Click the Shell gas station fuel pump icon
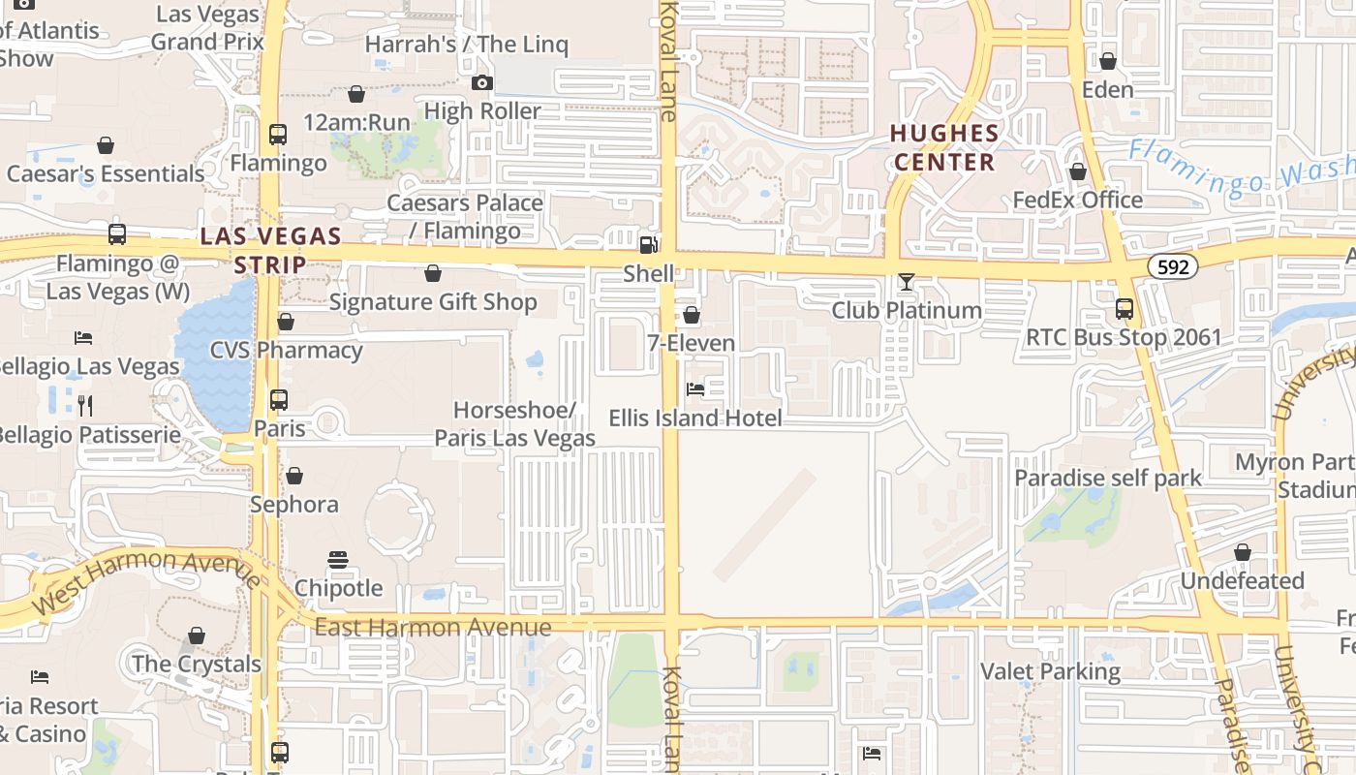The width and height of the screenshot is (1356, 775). [x=648, y=244]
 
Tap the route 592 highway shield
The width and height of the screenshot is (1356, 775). [x=1173, y=266]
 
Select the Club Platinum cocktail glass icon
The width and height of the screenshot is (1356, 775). [x=906, y=282]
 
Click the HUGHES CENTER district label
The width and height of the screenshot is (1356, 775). [x=944, y=147]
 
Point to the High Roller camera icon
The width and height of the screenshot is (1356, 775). [x=482, y=83]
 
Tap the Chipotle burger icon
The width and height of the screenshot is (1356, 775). [x=337, y=559]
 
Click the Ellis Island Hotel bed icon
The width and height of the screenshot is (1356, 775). [x=694, y=389]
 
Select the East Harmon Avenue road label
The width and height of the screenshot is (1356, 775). [x=433, y=627]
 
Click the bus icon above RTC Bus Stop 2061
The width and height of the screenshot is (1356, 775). [x=1124, y=309]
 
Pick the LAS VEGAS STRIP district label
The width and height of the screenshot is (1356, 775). [x=270, y=250]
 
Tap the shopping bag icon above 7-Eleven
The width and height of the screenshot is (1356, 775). [x=692, y=315]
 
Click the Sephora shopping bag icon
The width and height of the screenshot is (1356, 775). [x=294, y=476]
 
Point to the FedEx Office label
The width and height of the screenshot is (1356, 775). [x=1077, y=201]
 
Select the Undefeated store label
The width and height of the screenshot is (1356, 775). [x=1242, y=581]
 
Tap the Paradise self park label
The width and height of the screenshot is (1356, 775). [x=1107, y=478]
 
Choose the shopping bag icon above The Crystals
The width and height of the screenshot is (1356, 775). [x=197, y=635]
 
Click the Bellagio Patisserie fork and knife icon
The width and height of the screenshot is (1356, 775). [x=85, y=405]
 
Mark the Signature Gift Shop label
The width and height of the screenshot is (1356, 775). [x=433, y=302]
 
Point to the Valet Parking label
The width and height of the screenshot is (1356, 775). [x=1050, y=671]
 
